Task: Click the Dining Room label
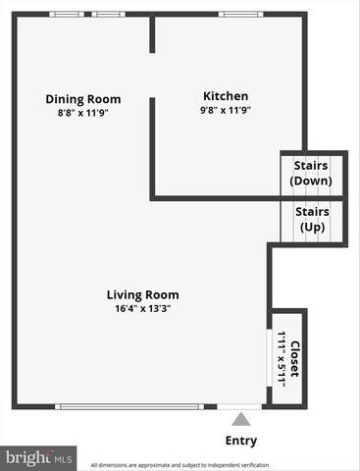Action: (x=83, y=98)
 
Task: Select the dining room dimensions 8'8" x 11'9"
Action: (x=83, y=113)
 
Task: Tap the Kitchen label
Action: (x=225, y=96)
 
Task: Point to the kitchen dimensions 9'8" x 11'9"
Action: (x=225, y=111)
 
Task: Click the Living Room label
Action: (x=143, y=293)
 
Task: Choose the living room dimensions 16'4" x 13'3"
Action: (x=143, y=308)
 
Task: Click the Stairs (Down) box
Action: (x=312, y=173)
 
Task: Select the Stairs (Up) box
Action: (x=312, y=220)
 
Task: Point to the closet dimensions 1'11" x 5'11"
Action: (x=282, y=359)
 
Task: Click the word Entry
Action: (x=241, y=441)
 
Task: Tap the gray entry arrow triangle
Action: (x=241, y=420)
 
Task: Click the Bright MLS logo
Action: (x=39, y=457)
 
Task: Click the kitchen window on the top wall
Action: (x=233, y=14)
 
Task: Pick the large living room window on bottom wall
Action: (x=129, y=406)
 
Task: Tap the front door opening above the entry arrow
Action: (x=233, y=406)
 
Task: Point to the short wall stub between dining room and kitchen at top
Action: (x=152, y=33)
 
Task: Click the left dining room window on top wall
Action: (x=68, y=14)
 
